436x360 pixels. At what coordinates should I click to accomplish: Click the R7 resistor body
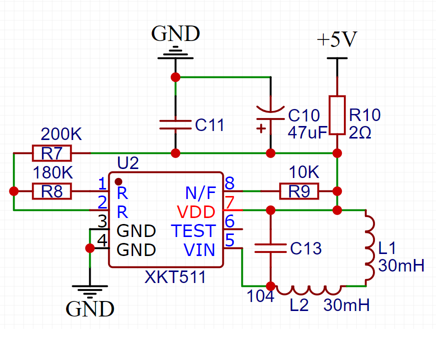[x=52, y=153]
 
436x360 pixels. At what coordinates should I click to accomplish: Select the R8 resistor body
[x=52, y=191]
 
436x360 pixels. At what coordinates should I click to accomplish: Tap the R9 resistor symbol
[x=299, y=191]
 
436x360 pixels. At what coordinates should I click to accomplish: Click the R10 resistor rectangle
[x=337, y=115]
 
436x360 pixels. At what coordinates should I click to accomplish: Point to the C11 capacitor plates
[x=176, y=124]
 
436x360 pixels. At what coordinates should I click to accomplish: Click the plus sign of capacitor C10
[x=261, y=128]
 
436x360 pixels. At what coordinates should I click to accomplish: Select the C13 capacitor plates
[x=270, y=248]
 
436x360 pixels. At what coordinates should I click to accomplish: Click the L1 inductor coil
[x=370, y=248]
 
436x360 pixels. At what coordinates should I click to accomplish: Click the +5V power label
[x=337, y=39]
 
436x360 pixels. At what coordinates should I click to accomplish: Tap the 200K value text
[x=61, y=134]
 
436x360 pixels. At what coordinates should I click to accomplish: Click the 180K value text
[x=53, y=172]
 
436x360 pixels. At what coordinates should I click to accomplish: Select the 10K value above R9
[x=304, y=172]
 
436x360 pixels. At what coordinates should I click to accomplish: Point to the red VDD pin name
[x=196, y=212]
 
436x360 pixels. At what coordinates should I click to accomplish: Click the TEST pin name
[x=194, y=231]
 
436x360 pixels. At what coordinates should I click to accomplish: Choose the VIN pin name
[x=199, y=249]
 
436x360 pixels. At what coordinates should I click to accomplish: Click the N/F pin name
[x=201, y=193]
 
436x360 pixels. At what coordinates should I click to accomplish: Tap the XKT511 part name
[x=175, y=277]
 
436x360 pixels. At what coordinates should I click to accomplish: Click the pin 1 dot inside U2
[x=119, y=181]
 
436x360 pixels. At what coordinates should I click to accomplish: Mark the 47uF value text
[x=307, y=132]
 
